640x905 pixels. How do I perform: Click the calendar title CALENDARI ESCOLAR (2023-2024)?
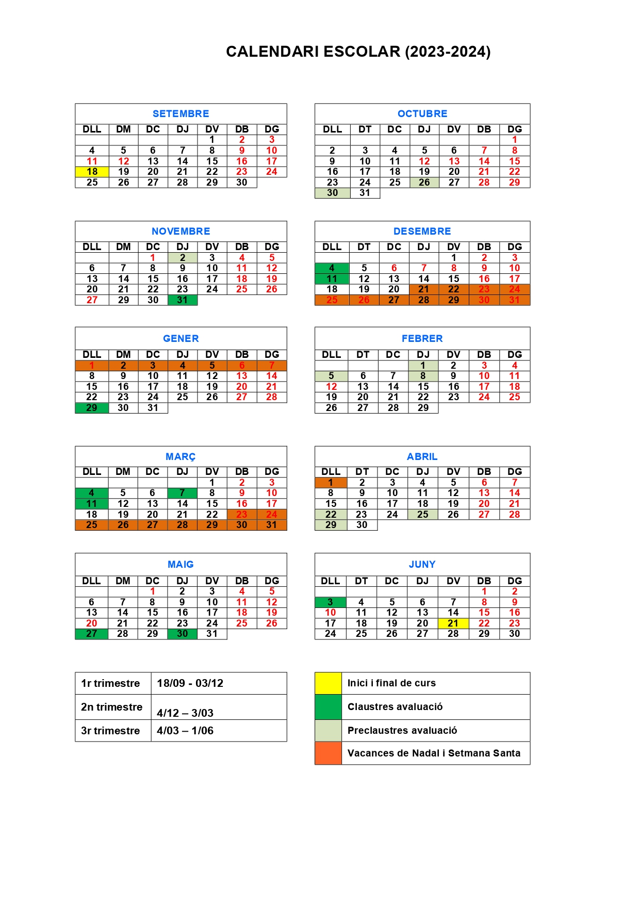pos(358,52)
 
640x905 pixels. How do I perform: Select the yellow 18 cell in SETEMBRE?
pos(92,172)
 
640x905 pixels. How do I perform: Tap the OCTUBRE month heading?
pos(422,113)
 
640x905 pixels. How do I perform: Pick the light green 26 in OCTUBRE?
pos(424,183)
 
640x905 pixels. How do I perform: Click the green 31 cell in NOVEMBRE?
pos(183,300)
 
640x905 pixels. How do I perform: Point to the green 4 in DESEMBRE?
pos(332,268)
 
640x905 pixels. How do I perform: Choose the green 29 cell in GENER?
pos(92,408)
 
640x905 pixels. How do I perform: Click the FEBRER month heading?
pos(422,338)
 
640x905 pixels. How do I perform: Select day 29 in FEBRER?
pos(423,408)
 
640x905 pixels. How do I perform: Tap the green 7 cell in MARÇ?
pos(182,493)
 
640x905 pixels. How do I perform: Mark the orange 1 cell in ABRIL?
pos(331,483)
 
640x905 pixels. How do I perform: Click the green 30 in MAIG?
pos(182,634)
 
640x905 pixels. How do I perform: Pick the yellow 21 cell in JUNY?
pos(453,623)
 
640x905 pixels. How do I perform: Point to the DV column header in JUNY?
pos(453,581)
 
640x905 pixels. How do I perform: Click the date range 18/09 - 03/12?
pos(190,683)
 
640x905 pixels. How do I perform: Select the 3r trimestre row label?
pos(110,731)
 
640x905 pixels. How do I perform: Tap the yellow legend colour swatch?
pos(328,683)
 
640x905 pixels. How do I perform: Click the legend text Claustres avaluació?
pos(395,707)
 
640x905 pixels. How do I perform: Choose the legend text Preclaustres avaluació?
pos(402,730)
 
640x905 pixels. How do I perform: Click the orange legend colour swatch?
pos(328,753)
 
